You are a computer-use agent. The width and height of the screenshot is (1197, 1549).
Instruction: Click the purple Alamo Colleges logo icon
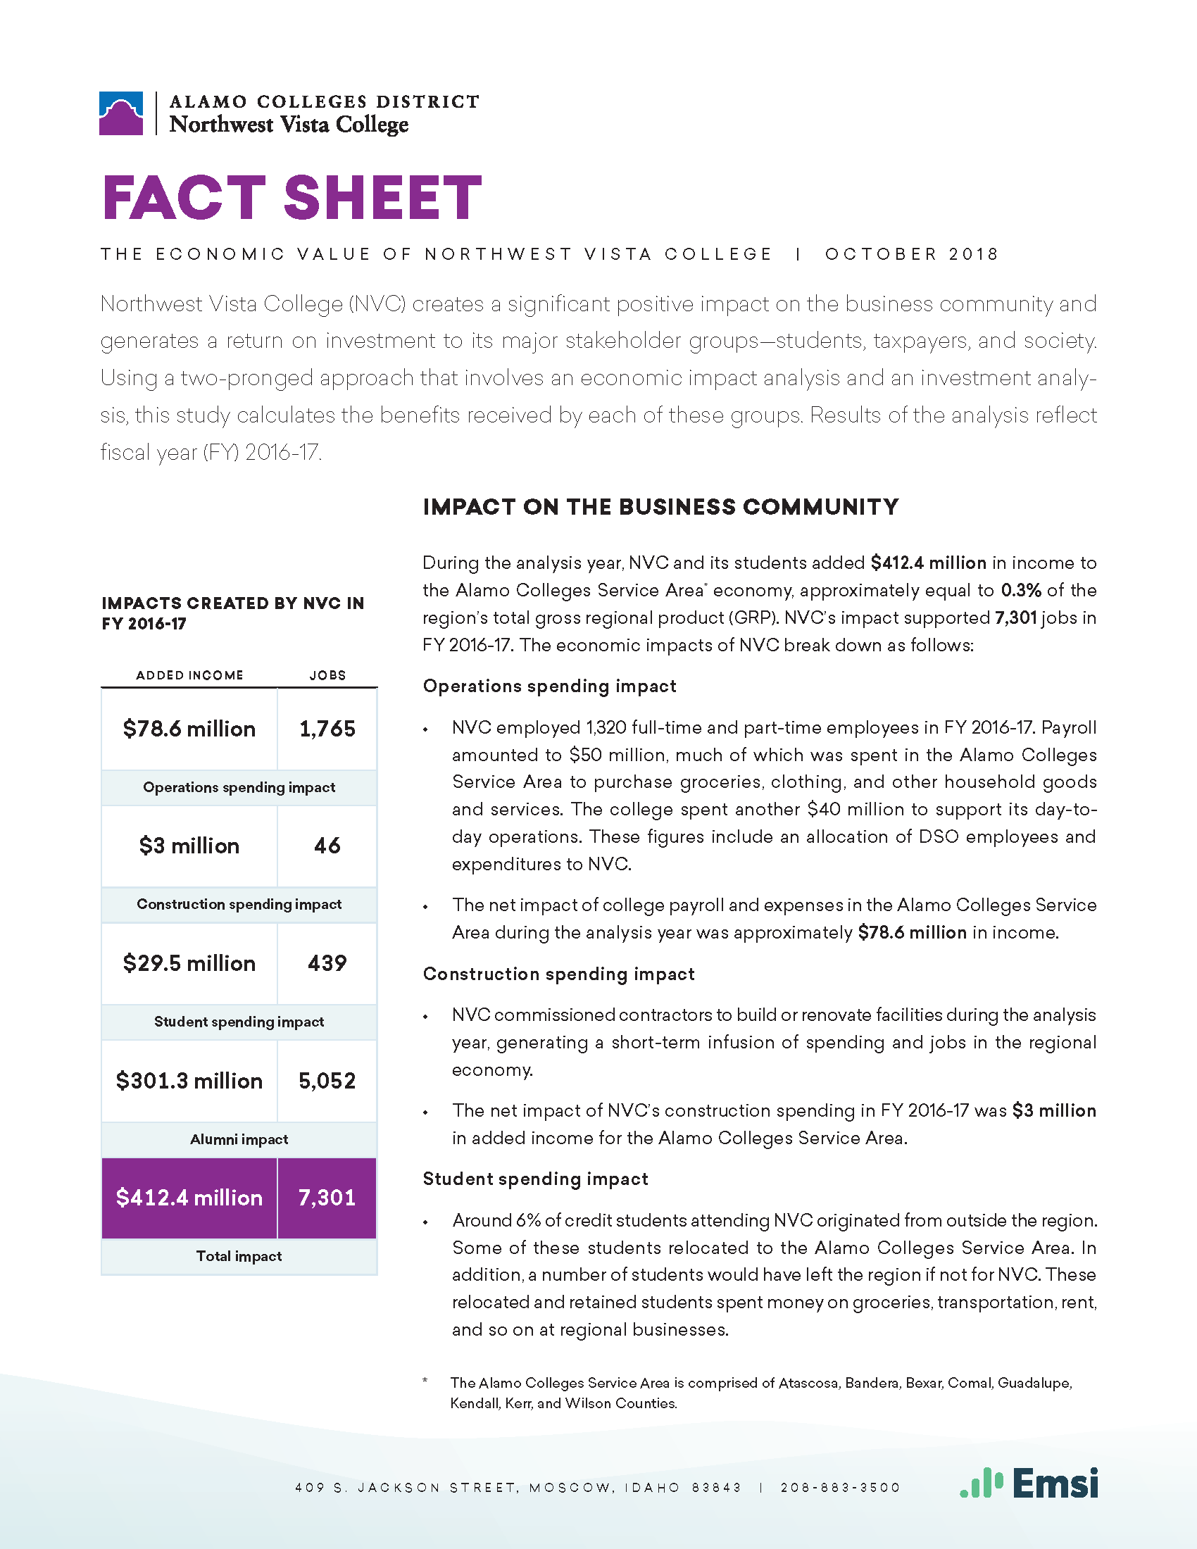pyautogui.click(x=121, y=113)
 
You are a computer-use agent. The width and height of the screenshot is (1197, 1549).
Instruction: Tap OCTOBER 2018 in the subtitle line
pyautogui.click(x=911, y=254)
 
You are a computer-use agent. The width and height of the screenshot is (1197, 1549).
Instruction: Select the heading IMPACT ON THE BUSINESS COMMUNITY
pyautogui.click(x=660, y=507)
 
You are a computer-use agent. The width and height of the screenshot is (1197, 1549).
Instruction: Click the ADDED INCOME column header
pyautogui.click(x=189, y=675)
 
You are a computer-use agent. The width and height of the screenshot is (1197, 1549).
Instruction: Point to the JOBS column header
pyautogui.click(x=327, y=675)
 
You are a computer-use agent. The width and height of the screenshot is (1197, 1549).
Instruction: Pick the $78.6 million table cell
pyautogui.click(x=189, y=729)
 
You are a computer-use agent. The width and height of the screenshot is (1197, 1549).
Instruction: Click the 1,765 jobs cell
pyautogui.click(x=327, y=729)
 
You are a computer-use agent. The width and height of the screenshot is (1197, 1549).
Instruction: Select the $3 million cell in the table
pyautogui.click(x=189, y=846)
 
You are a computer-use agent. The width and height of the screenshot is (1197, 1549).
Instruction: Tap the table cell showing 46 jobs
pyautogui.click(x=327, y=846)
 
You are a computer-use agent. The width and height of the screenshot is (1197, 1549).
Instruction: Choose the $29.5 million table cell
pyautogui.click(x=189, y=963)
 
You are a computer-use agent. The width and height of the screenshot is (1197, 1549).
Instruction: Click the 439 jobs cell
pyautogui.click(x=327, y=963)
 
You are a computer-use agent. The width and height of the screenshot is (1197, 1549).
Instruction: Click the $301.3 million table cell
pyautogui.click(x=189, y=1080)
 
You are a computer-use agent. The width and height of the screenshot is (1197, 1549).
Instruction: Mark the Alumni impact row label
pyautogui.click(x=239, y=1139)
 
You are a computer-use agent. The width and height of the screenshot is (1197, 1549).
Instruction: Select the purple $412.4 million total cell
pyautogui.click(x=189, y=1198)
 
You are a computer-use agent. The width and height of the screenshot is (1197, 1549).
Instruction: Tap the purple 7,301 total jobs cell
pyautogui.click(x=327, y=1198)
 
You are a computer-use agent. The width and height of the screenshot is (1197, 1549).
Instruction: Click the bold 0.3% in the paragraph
pyautogui.click(x=1020, y=590)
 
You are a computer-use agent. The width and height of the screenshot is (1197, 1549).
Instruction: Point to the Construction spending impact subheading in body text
pyautogui.click(x=558, y=974)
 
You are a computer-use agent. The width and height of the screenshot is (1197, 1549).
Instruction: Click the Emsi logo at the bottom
pyautogui.click(x=1029, y=1482)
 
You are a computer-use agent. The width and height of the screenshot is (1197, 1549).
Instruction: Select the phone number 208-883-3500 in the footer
pyautogui.click(x=839, y=1487)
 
